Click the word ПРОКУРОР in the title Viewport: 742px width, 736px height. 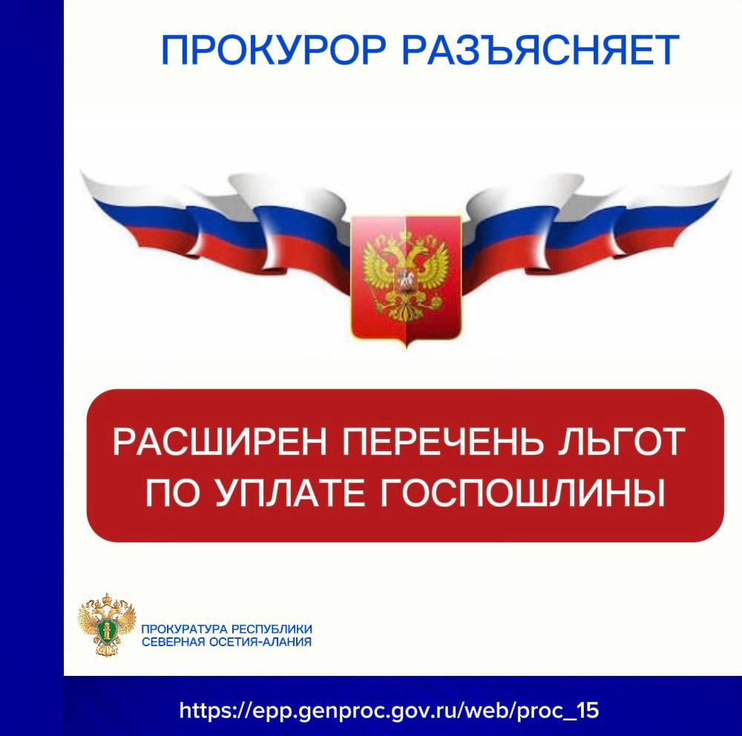(x=274, y=50)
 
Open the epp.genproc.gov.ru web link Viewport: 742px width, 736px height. (x=389, y=711)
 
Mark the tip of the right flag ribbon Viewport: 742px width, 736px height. (x=730, y=175)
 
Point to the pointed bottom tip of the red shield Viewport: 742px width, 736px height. (x=406, y=346)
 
